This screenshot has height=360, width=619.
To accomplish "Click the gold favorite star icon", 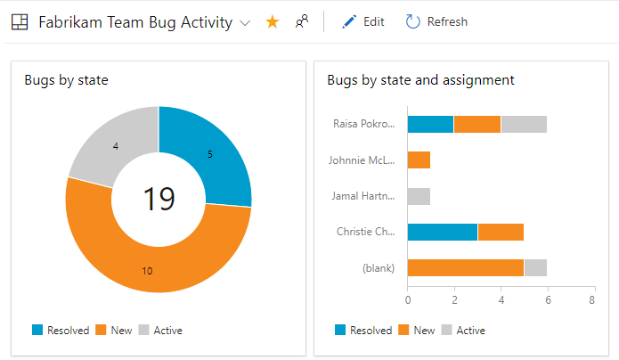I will [273, 21].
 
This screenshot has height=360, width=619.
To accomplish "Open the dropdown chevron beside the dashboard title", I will [245, 22].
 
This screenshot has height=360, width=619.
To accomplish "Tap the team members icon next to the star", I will [302, 21].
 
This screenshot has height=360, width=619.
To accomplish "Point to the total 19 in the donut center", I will [159, 198].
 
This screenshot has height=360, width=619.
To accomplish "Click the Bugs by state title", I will [67, 79].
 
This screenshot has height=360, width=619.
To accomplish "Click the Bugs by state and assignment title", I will [420, 79].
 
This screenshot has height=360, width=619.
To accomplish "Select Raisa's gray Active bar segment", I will [524, 124].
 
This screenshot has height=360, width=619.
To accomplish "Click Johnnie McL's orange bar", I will [419, 160].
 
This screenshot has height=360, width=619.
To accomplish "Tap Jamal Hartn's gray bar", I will [419, 196].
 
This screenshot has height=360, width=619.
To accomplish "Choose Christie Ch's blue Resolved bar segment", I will [442, 232].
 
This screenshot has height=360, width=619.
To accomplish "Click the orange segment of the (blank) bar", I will [465, 267].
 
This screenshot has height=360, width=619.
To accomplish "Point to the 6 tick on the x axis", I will [546, 301].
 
